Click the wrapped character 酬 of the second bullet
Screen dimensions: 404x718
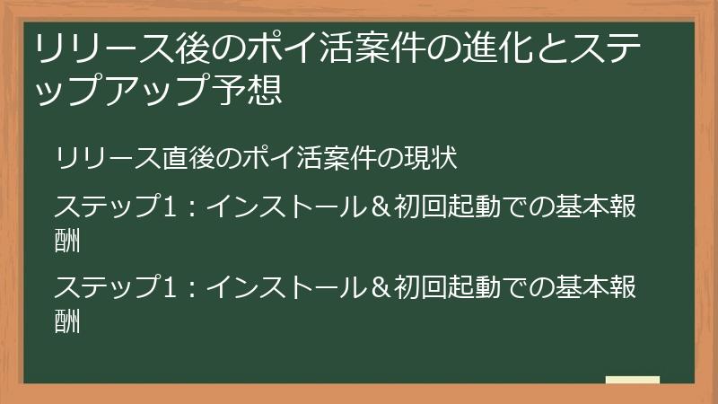(x=67, y=241)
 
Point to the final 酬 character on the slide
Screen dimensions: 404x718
(x=67, y=321)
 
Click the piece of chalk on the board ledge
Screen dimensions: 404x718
(x=633, y=380)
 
